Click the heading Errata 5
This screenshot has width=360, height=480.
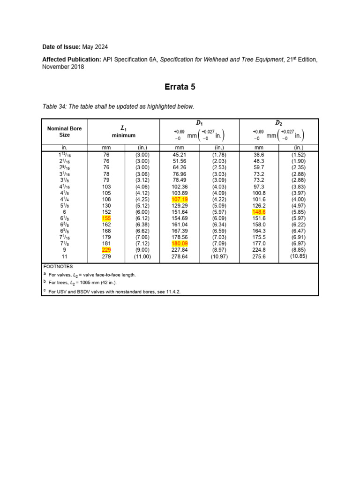180,87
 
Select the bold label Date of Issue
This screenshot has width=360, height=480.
61,47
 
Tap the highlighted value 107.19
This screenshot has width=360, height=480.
180,199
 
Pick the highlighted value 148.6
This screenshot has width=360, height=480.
259,212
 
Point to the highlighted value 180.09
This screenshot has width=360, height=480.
180,244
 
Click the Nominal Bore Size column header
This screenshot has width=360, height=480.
64,132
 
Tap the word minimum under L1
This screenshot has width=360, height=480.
124,135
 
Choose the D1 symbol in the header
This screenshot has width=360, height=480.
199,123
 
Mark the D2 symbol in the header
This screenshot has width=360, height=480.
278,123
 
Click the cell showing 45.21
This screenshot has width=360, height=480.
180,154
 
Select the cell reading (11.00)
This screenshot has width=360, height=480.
142,257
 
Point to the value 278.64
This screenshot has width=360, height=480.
180,257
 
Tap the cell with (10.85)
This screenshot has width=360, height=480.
299,256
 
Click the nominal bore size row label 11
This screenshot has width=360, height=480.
64,257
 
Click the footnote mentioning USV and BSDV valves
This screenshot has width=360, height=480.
114,292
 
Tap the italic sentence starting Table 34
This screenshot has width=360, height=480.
118,107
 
